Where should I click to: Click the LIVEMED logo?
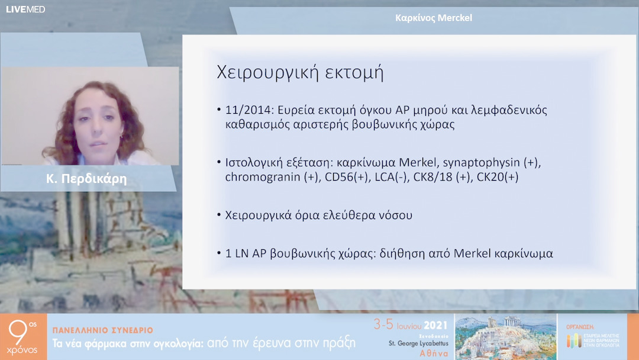tap(25, 9)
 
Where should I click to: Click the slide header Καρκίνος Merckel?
tap(433, 18)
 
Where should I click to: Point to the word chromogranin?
tap(261, 176)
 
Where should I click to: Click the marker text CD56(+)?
tap(336, 176)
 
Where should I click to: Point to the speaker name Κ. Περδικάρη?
tap(87, 178)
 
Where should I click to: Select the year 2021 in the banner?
tap(437, 324)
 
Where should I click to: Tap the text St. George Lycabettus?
tap(418, 343)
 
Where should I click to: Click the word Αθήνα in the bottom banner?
tap(434, 353)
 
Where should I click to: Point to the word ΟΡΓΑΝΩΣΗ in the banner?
tap(580, 326)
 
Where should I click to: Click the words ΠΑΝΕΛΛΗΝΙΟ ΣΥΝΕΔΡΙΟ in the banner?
tap(103, 330)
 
